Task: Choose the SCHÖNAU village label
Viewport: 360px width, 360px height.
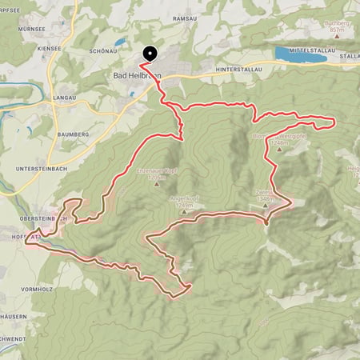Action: (x=106, y=49)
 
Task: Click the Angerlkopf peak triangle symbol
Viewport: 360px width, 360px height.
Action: (x=182, y=198)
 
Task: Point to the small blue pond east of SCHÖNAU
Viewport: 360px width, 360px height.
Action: (x=120, y=42)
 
